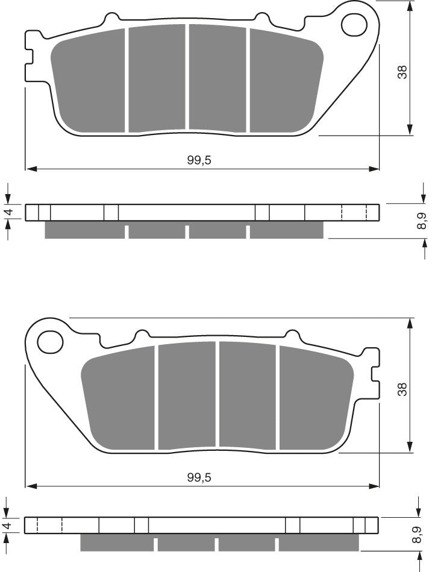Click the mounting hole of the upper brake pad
(354, 24)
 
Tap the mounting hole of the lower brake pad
(50, 343)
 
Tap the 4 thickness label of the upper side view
(8, 213)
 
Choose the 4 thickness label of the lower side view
(8, 525)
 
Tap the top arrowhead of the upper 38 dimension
(410, 7)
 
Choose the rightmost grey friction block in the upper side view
(286, 230)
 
